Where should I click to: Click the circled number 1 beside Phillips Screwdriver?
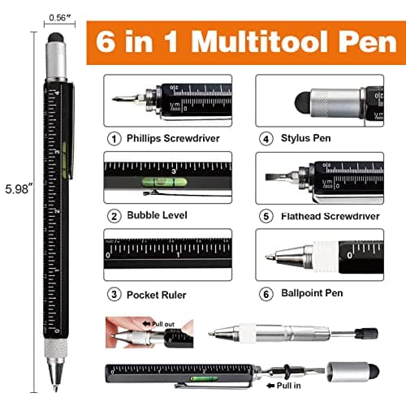coord(114,137)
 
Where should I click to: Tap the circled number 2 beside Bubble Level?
coord(114,215)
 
